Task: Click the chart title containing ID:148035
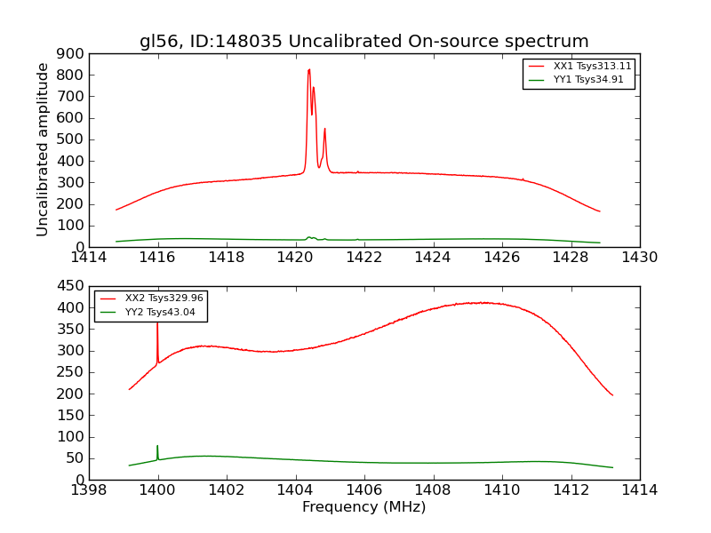click(363, 42)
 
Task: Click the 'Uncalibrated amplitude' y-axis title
click(43, 149)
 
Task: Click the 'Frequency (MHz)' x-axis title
click(363, 507)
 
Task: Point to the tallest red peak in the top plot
click(308, 69)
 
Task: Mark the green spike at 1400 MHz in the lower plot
click(157, 447)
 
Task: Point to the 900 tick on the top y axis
click(71, 53)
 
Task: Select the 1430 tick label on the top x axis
click(639, 258)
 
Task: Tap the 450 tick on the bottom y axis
click(71, 286)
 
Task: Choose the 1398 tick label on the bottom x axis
click(89, 489)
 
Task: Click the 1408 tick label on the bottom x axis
click(433, 489)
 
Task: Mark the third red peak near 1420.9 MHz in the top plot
click(324, 129)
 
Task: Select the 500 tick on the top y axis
click(71, 139)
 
